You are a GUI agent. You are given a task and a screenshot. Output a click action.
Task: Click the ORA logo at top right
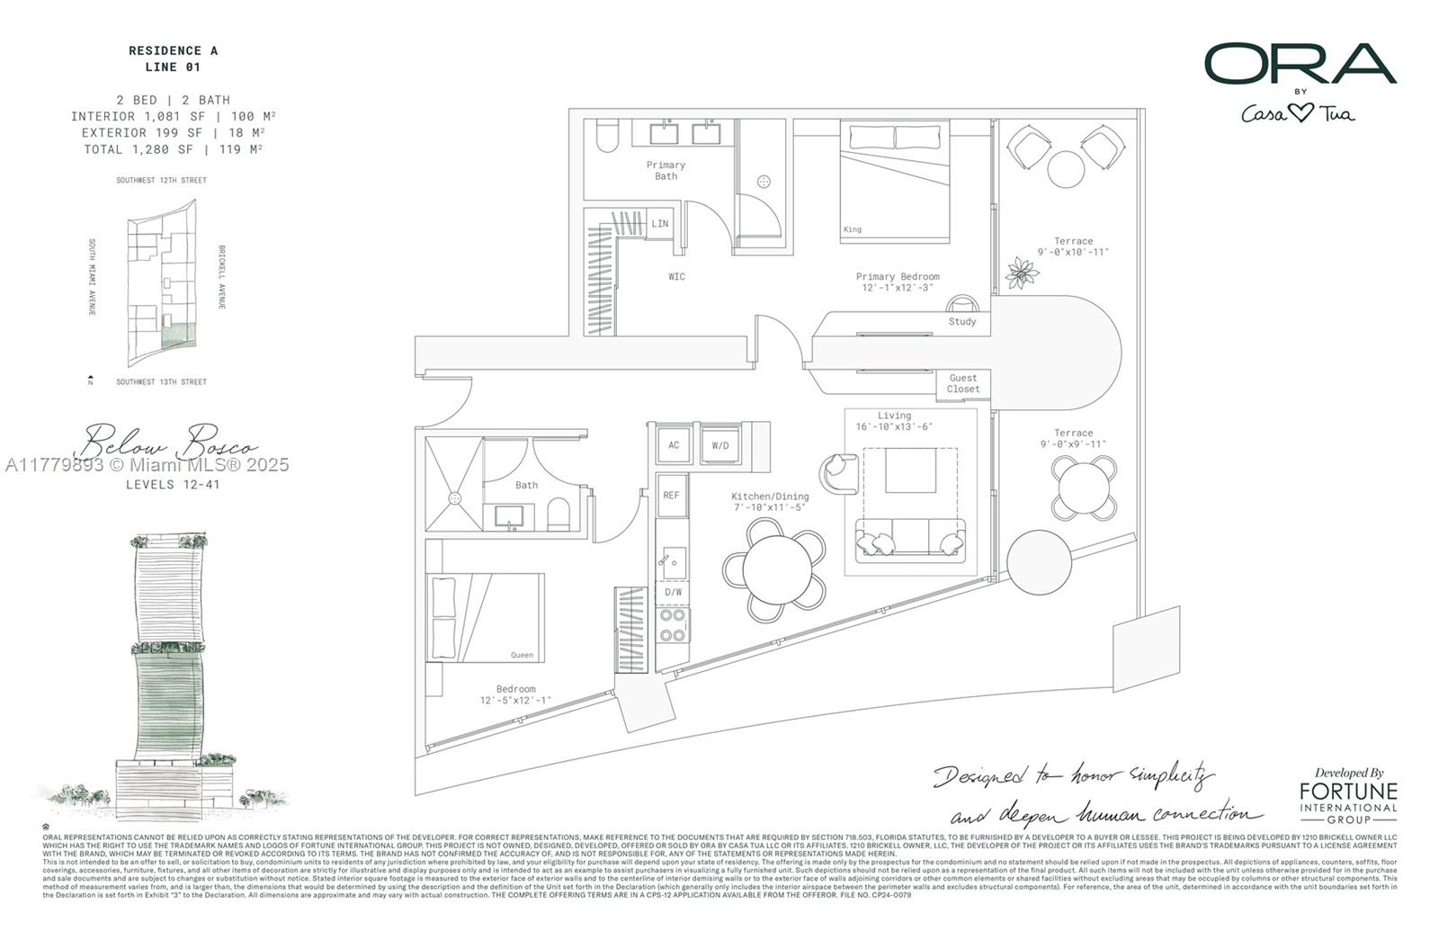click(1300, 64)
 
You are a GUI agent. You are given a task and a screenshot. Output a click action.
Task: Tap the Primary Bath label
click(666, 170)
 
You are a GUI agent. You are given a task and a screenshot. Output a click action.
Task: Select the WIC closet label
click(676, 276)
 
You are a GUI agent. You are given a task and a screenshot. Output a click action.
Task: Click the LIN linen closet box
click(659, 223)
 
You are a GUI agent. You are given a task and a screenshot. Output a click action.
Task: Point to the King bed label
click(853, 229)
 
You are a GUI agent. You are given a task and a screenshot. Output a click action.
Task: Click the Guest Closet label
click(962, 384)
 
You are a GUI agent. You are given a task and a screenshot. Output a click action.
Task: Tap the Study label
click(961, 321)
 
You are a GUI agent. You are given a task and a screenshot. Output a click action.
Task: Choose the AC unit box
click(674, 445)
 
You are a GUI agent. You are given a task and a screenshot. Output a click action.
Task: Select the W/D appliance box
click(720, 445)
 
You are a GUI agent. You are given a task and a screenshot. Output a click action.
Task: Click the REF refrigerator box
click(672, 496)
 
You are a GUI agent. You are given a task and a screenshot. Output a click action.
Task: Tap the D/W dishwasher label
click(673, 592)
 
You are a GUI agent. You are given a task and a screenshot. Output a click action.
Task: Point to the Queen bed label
click(522, 655)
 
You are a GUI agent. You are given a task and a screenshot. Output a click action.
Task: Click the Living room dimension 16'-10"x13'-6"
click(894, 426)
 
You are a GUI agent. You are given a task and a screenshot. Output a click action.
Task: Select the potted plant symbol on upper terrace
click(1022, 272)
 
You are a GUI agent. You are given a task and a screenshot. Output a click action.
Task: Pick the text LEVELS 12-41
click(173, 484)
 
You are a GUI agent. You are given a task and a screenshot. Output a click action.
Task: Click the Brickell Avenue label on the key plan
click(222, 277)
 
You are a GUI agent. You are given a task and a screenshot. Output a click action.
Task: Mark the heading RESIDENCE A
click(173, 51)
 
